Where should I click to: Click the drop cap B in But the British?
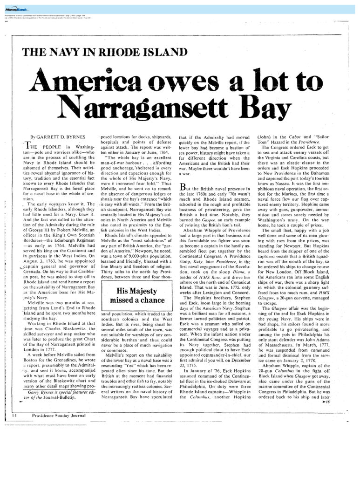click(x=183, y=187)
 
